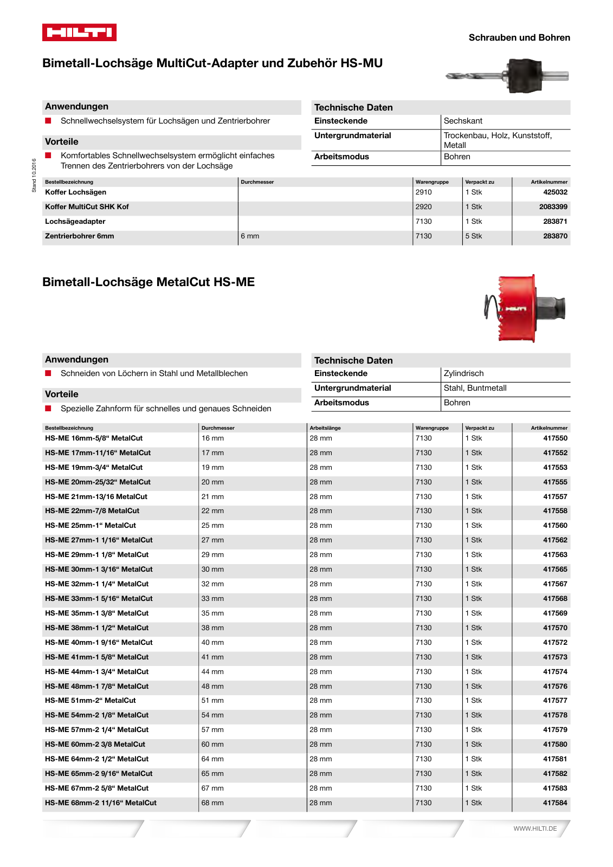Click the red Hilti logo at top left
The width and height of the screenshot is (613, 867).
click(x=79, y=33)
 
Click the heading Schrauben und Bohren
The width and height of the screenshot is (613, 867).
click(x=519, y=37)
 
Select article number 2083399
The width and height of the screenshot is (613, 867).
click(x=553, y=207)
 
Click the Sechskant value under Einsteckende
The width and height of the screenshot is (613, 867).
click(x=463, y=121)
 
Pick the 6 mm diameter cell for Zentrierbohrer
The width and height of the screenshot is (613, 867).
click(x=250, y=236)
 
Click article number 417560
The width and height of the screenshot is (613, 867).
click(x=555, y=526)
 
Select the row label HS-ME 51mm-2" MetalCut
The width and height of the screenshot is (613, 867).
click(x=91, y=701)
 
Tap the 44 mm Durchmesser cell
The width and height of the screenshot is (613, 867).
click(x=212, y=672)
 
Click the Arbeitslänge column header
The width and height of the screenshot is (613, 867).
click(x=325, y=428)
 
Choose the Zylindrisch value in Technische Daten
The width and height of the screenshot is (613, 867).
click(x=463, y=373)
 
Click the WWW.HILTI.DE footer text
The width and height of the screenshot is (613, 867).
click(x=535, y=829)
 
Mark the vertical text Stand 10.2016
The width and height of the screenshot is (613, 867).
click(x=34, y=175)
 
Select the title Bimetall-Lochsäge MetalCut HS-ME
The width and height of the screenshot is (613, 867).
click(x=149, y=282)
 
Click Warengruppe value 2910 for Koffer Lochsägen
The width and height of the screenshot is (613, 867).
click(x=424, y=192)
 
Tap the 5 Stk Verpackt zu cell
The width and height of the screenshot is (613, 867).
click(x=473, y=236)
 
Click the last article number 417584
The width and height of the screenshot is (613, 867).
click(x=555, y=803)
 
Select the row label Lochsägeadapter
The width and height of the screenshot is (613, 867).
click(x=75, y=222)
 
